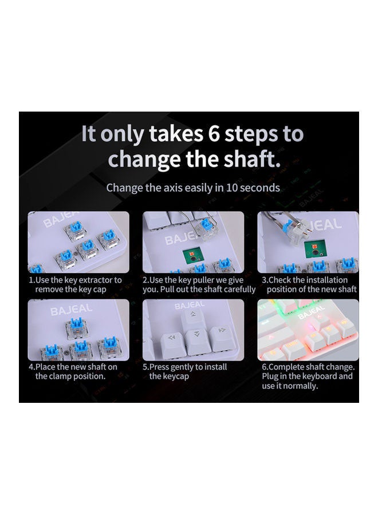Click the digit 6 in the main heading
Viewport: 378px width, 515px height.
pyautogui.click(x=214, y=134)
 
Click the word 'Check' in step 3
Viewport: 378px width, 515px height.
pyautogui.click(x=279, y=280)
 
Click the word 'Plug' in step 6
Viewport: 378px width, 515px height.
pyautogui.click(x=270, y=377)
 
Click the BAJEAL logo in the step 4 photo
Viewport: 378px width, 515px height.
pyautogui.click(x=72, y=309)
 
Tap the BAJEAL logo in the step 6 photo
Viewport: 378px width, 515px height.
pyautogui.click(x=311, y=312)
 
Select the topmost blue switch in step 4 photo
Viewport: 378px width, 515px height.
pyautogui.click(x=77, y=328)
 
